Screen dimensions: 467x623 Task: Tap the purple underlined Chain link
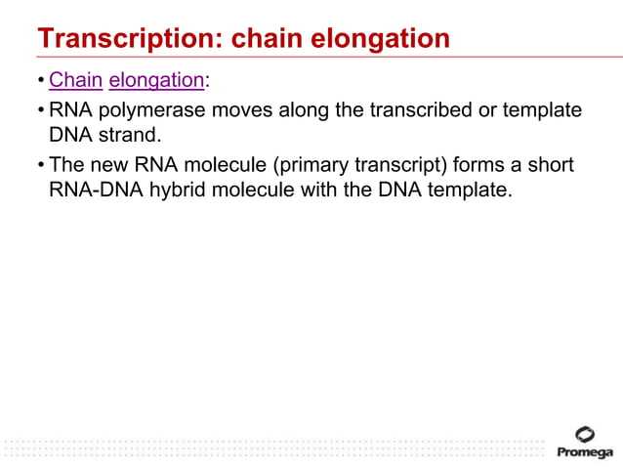click(75, 80)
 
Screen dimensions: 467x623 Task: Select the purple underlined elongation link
click(156, 80)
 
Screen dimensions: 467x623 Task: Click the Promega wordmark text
click(585, 452)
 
